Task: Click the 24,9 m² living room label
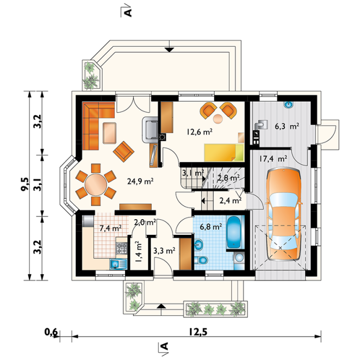point(140,181)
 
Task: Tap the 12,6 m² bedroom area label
point(199,132)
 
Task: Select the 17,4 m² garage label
point(273,159)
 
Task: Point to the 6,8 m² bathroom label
point(211,227)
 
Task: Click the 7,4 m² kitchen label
point(110,228)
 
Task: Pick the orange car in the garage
point(283,214)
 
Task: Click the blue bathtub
point(233,232)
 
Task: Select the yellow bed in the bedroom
point(224,152)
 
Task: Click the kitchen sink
point(119,264)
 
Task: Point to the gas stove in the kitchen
point(121,248)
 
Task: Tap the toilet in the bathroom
point(201,260)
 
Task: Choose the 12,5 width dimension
point(198,332)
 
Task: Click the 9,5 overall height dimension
point(25,184)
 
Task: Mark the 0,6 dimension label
point(51,332)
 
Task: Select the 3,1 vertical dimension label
point(38,184)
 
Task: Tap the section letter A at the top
point(128,13)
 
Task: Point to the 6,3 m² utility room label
point(287,126)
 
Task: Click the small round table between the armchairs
point(218,119)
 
